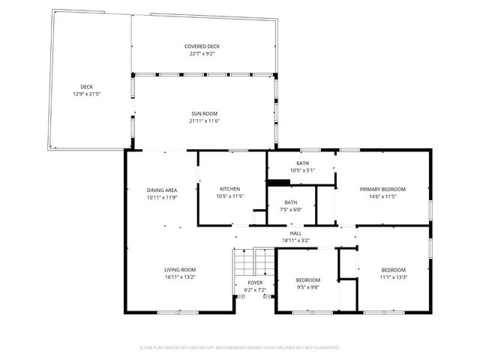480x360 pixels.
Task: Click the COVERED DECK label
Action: [202, 46]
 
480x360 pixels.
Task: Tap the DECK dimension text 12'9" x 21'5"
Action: [86, 94]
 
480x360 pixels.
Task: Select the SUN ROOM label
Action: [204, 114]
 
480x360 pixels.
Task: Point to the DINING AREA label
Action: [161, 190]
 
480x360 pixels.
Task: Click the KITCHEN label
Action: [229, 189]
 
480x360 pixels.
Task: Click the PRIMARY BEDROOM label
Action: [382, 189]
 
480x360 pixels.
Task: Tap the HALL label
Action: [295, 234]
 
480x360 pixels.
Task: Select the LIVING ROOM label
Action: [180, 269]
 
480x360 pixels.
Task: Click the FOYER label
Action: [255, 283]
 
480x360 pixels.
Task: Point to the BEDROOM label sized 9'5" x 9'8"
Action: [308, 280]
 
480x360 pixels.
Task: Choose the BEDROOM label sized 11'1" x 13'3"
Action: [393, 269]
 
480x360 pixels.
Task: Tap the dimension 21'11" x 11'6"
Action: [204, 121]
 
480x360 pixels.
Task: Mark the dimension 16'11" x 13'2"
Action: [180, 276]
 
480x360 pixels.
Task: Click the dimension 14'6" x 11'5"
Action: [382, 196]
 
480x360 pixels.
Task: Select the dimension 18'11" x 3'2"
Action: [295, 241]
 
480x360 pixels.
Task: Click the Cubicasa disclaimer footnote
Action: [240, 348]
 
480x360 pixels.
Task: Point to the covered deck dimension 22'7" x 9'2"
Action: [202, 53]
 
